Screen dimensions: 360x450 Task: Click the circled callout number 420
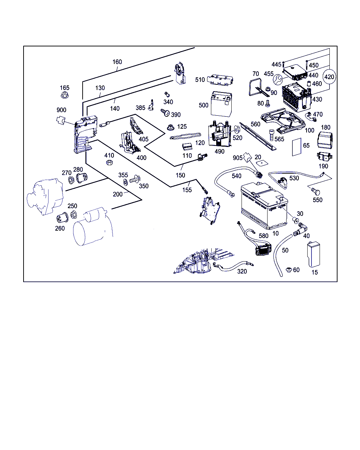pos(329,77)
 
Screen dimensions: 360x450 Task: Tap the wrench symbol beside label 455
pos(278,79)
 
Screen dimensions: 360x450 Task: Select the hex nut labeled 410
pos(109,162)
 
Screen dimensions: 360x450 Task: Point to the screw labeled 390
pos(165,112)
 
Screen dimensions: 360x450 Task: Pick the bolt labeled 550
pos(315,191)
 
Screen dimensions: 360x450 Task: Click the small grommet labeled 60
pos(289,270)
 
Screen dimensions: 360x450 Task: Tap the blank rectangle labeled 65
pos(297,147)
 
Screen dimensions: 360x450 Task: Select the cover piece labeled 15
pos(313,254)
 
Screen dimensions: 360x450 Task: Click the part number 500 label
pos(203,105)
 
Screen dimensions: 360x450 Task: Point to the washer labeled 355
pos(126,182)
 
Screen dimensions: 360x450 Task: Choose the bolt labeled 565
pos(271,135)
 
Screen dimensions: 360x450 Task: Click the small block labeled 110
pos(187,146)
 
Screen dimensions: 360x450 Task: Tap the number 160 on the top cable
pos(117,62)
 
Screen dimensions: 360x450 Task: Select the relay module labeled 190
pos(324,156)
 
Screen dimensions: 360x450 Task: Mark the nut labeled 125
pos(171,127)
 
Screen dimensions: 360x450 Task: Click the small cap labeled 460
pos(309,84)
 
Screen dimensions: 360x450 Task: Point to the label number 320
pos(242,271)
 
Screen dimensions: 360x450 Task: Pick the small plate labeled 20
pos(262,163)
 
